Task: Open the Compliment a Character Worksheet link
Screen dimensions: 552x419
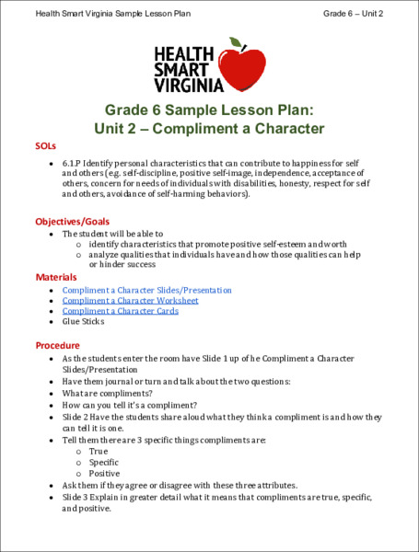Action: (x=130, y=300)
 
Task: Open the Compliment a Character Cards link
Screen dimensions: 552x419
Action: (x=120, y=311)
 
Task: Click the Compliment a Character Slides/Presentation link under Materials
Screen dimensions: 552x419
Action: (x=146, y=290)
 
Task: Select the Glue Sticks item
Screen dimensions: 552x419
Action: (x=83, y=322)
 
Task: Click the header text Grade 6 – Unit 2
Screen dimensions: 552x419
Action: (x=353, y=14)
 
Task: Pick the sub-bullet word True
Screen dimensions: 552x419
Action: (x=99, y=451)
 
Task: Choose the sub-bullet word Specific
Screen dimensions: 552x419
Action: (x=103, y=462)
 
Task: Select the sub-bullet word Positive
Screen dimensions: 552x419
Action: (x=104, y=473)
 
